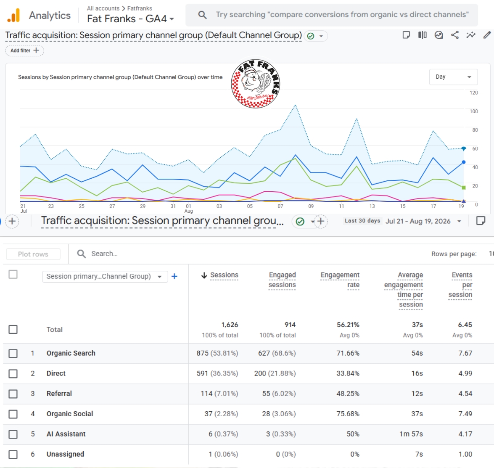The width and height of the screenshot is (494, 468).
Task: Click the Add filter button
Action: (x=24, y=50)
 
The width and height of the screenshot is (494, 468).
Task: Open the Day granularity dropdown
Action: (x=453, y=77)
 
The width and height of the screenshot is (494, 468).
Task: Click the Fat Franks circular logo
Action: (x=256, y=84)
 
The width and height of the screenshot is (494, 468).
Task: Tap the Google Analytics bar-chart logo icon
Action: (x=13, y=16)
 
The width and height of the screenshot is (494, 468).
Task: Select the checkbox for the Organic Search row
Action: (x=13, y=353)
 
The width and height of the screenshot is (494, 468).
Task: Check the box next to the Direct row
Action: (x=13, y=373)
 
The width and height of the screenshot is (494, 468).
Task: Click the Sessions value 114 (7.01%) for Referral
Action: (x=219, y=394)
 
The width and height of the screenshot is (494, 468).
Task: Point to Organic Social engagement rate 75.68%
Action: (x=348, y=414)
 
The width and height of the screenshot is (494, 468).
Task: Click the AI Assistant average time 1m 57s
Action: (x=411, y=434)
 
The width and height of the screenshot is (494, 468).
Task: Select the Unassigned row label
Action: (x=65, y=454)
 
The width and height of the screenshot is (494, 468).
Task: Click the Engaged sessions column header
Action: (x=282, y=280)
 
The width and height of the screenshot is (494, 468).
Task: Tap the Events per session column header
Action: (x=460, y=285)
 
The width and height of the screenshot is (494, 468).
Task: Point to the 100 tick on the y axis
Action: (x=473, y=111)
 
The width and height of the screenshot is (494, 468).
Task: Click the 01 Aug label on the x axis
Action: (x=188, y=209)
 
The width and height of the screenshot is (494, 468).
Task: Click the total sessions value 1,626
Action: (x=230, y=325)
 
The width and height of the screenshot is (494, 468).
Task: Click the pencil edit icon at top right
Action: (x=487, y=35)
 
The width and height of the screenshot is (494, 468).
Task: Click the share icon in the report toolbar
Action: (x=454, y=35)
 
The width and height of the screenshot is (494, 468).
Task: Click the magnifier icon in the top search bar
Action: (x=202, y=15)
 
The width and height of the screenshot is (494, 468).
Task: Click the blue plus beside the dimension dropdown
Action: (x=174, y=276)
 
